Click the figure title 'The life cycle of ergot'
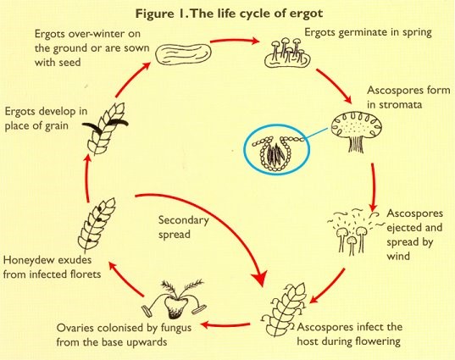(257, 14)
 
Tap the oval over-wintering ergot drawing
(183, 53)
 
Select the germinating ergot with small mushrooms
(287, 53)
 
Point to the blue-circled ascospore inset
(277, 149)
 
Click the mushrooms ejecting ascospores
(352, 231)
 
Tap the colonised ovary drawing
(174, 299)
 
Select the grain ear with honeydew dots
(97, 224)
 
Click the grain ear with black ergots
(105, 128)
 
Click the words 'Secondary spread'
(183, 227)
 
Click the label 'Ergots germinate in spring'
(368, 32)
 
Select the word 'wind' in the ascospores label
(398, 256)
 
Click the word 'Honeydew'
(27, 260)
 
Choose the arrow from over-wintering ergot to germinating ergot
(234, 41)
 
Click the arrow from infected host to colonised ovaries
(225, 324)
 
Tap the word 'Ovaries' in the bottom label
(75, 328)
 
